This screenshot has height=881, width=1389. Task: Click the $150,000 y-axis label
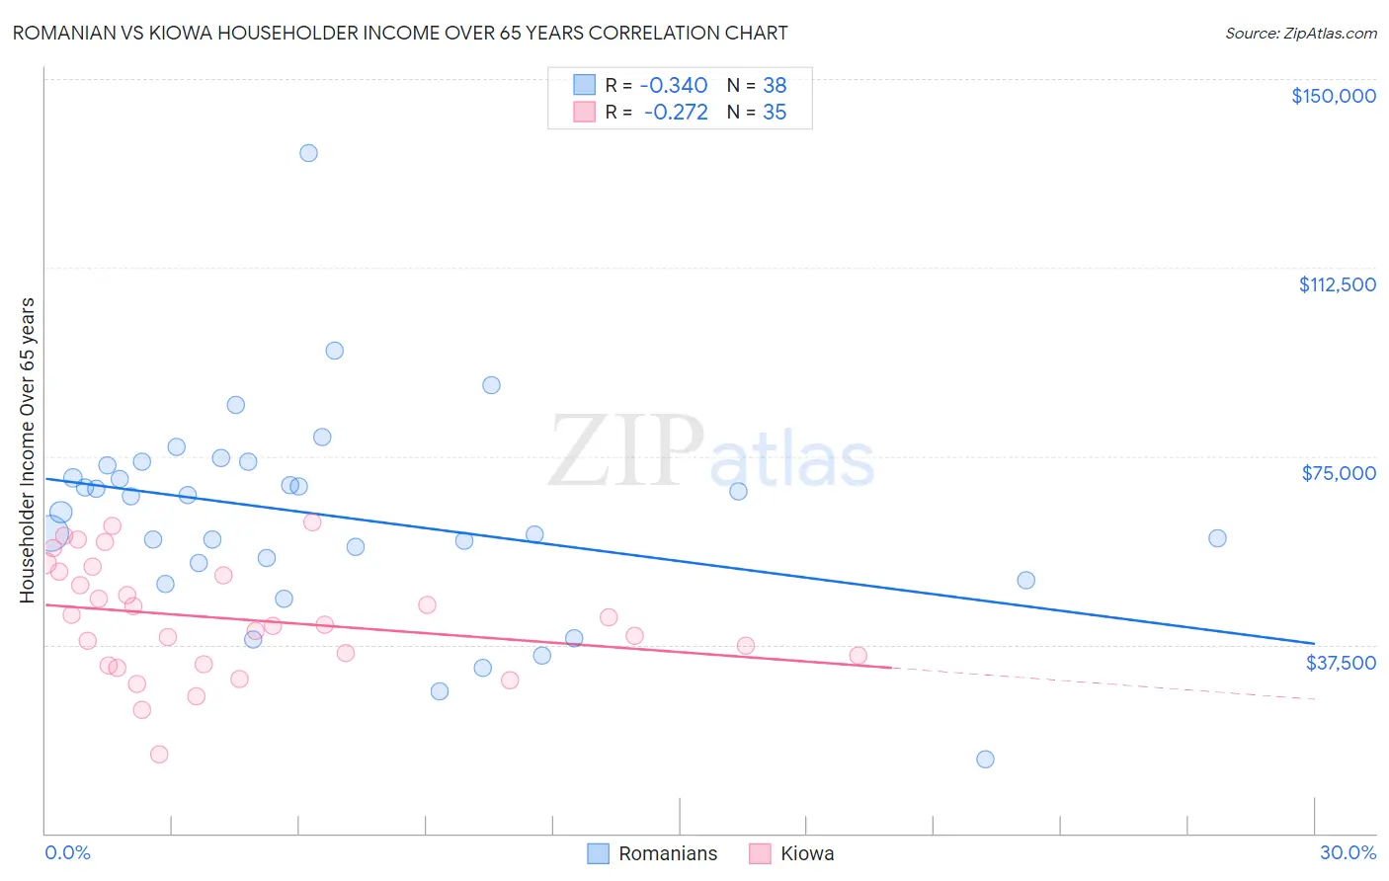click(1333, 96)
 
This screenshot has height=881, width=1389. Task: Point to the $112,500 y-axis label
click(1337, 284)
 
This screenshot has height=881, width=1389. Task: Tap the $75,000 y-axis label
click(1339, 473)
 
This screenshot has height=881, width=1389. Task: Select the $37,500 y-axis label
click(1341, 663)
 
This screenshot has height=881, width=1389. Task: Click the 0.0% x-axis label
click(67, 852)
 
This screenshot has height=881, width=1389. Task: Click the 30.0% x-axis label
click(1348, 852)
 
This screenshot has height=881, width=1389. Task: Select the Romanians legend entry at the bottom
click(653, 853)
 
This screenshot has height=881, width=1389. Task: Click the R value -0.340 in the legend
click(673, 85)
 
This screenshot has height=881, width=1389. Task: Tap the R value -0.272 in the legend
click(675, 113)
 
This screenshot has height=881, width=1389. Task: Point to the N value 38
click(775, 85)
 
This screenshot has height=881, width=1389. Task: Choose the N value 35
click(775, 113)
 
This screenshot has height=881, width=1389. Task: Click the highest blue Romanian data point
click(308, 153)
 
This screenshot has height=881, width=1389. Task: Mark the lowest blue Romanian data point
click(985, 760)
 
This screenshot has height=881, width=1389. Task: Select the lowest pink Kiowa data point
click(159, 755)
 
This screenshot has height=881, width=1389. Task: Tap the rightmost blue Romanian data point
click(1217, 538)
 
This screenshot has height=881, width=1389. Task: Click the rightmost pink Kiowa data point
click(858, 656)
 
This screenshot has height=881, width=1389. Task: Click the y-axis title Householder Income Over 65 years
click(27, 449)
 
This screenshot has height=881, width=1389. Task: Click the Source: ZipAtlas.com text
click(1300, 34)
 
